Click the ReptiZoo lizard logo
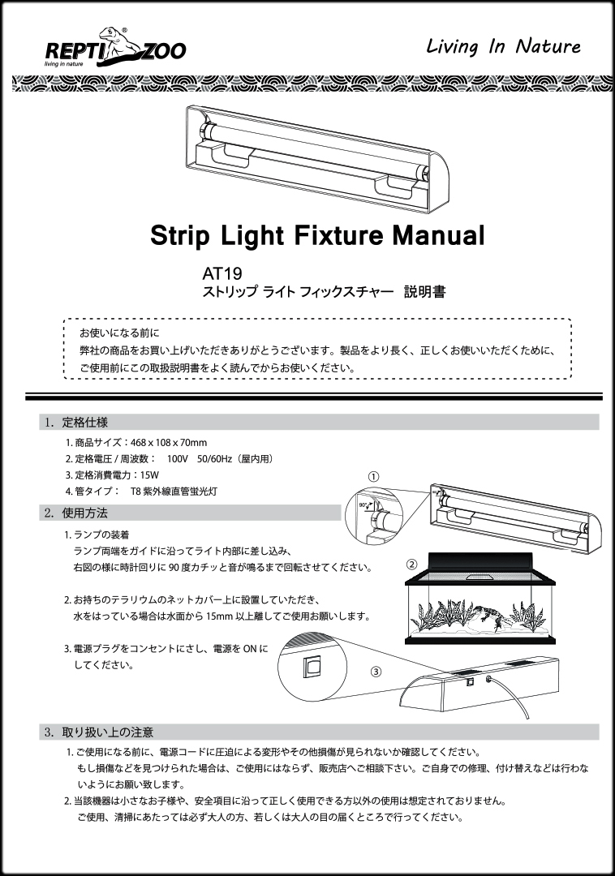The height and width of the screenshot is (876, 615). pyautogui.click(x=115, y=47)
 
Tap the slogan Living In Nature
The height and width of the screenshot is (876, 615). pyautogui.click(x=503, y=46)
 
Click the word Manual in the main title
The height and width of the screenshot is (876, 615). pyautogui.click(x=438, y=235)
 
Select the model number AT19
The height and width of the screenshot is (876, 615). pyautogui.click(x=221, y=274)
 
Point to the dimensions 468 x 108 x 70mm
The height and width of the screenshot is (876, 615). pyautogui.click(x=169, y=443)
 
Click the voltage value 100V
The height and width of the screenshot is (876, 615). pyautogui.click(x=177, y=458)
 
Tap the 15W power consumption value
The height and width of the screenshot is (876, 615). pyautogui.click(x=150, y=474)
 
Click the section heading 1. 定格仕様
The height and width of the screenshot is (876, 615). pyautogui.click(x=76, y=423)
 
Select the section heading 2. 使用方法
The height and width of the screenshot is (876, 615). pyautogui.click(x=76, y=513)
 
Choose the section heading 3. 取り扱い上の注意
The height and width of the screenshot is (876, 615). pyautogui.click(x=99, y=732)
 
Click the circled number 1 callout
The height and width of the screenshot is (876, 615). pyautogui.click(x=374, y=477)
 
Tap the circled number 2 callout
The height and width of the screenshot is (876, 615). pyautogui.click(x=411, y=565)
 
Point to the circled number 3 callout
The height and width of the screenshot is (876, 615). pyautogui.click(x=376, y=672)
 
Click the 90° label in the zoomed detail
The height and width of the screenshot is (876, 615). pyautogui.click(x=363, y=505)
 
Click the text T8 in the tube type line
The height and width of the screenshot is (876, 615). pyautogui.click(x=135, y=492)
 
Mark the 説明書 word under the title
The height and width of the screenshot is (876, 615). pyautogui.click(x=424, y=292)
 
